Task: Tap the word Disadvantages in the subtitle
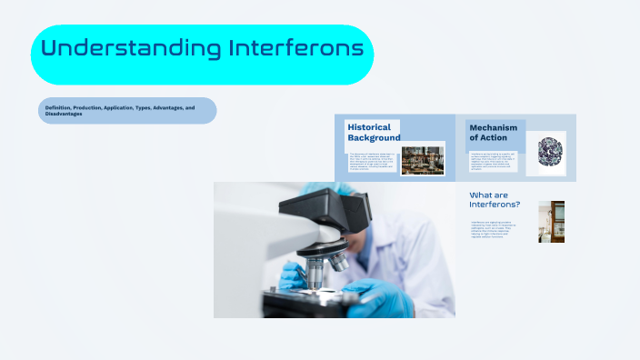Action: (64, 114)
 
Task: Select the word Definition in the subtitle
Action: (61, 107)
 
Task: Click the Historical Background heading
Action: (373, 132)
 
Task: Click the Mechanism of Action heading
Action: (493, 133)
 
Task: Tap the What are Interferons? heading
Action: (494, 199)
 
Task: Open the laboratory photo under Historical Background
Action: (422, 160)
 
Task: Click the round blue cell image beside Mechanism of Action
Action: (551, 149)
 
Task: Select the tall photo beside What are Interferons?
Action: (551, 222)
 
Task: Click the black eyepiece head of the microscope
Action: (315, 215)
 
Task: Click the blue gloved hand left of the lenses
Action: (293, 273)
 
